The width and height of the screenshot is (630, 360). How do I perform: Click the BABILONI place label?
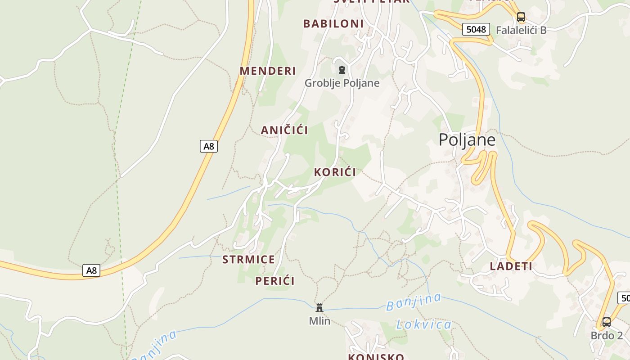333,23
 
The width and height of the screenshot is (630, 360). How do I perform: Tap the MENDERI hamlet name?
268,71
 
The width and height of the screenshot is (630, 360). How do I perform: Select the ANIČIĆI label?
284,130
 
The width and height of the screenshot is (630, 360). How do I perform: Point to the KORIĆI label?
335,172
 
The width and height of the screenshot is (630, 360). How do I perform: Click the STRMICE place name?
248,259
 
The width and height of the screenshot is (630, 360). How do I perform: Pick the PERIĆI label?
275,281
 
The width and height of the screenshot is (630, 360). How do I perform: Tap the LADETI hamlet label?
511,266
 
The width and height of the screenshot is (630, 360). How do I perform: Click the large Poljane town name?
467,139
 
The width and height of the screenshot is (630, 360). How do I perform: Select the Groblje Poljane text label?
342,83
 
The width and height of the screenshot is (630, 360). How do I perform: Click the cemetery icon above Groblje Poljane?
342,70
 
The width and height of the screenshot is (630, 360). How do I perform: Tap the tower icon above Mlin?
319,308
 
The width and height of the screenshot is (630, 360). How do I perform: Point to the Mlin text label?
319,321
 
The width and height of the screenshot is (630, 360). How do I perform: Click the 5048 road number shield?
476,29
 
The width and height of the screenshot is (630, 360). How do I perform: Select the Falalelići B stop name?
521,30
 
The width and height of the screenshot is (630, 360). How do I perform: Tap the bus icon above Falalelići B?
521,17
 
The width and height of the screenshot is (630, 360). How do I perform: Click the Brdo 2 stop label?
607,335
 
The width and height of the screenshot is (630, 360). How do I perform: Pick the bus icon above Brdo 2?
607,322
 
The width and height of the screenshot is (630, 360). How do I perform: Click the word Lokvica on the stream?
424,324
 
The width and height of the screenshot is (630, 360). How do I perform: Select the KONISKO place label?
376,357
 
